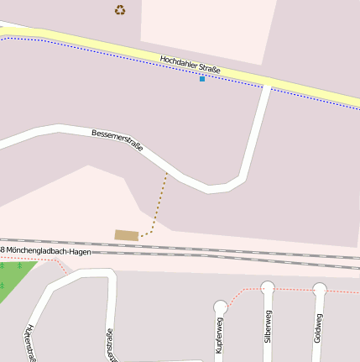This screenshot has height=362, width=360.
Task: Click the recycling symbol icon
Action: tap(120, 10)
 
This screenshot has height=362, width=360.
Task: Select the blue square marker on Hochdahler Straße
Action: tap(202, 79)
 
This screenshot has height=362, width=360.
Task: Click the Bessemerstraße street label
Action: tap(117, 139)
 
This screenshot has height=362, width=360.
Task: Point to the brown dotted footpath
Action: tap(159, 202)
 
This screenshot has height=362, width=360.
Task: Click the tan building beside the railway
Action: tap(127, 235)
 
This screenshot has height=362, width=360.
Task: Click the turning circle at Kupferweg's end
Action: tap(221, 307)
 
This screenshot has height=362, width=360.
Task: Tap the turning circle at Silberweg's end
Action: tap(268, 287)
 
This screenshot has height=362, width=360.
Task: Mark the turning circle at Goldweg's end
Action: tap(320, 289)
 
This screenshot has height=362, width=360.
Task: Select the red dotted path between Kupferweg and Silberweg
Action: tap(243, 291)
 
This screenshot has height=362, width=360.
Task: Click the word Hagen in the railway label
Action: tap(80, 251)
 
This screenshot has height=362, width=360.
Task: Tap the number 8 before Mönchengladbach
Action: tap(3, 250)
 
